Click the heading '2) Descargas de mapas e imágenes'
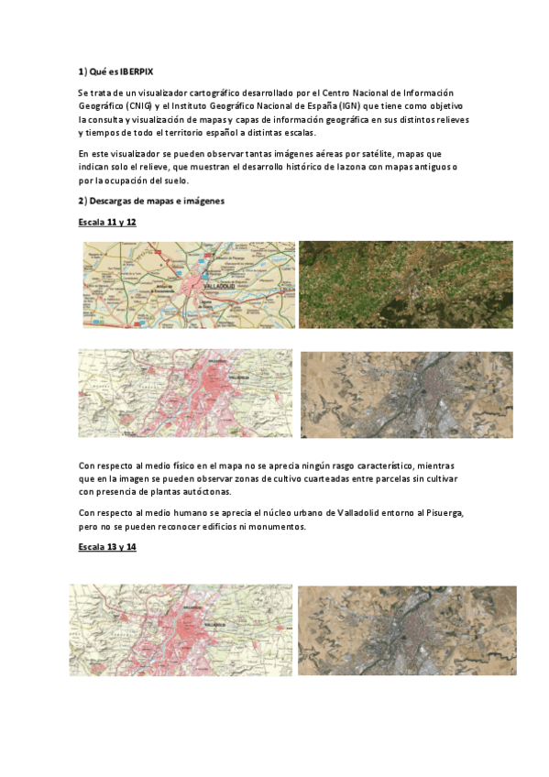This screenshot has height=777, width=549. pos(151,200)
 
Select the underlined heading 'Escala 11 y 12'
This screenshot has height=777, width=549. pos(108,222)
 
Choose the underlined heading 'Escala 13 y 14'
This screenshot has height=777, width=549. pos(108,547)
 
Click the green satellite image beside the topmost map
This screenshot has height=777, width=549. pos(405,284)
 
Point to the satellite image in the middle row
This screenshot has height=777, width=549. pos(406,394)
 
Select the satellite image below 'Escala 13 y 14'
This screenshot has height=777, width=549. pos(407,629)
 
